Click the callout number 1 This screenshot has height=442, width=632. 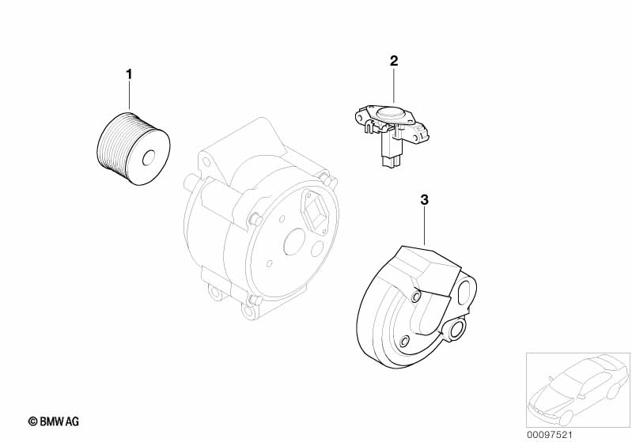coord(130,74)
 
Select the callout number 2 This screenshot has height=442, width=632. coord(393,60)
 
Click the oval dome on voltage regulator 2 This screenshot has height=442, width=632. coord(390,113)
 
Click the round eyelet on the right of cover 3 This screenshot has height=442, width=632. coord(456,330)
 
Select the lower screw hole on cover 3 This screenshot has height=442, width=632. coord(403,342)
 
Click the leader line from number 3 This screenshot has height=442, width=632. coord(425,225)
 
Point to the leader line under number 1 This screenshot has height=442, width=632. coord(130,94)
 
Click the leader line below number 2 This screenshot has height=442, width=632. coord(393,83)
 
